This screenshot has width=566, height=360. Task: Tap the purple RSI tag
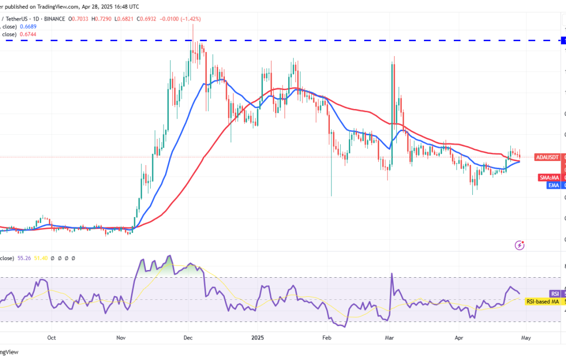point(555,293)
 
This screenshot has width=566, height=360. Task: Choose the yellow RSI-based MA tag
point(542,301)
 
